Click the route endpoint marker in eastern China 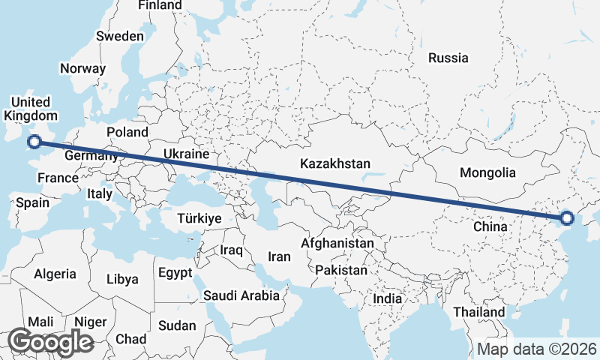(x=566, y=218)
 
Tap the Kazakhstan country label (x=335, y=163)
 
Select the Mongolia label (x=487, y=172)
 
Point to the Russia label (x=448, y=58)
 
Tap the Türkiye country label (x=199, y=218)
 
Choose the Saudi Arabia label (x=241, y=295)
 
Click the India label (x=388, y=298)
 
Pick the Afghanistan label (x=337, y=244)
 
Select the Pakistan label (x=341, y=269)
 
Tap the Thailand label (x=478, y=311)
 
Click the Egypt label (x=175, y=274)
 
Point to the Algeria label (x=55, y=274)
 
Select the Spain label (x=32, y=202)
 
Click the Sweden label (x=120, y=36)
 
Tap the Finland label (x=160, y=5)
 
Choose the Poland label (x=127, y=132)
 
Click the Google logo (x=50, y=341)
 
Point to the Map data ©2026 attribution (x=537, y=349)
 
